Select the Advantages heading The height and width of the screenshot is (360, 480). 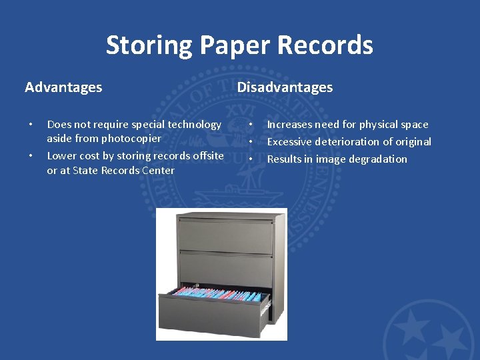pyautogui.click(x=63, y=87)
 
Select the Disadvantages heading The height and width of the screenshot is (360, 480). pyautogui.click(x=285, y=87)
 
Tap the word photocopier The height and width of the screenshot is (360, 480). pyautogui.click(x=131, y=139)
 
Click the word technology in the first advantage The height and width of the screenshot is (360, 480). pyautogui.click(x=195, y=125)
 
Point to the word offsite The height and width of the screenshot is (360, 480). pyautogui.click(x=207, y=156)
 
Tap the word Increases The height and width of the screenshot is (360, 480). pyautogui.click(x=289, y=125)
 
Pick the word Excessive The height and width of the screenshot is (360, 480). pyautogui.click(x=289, y=142)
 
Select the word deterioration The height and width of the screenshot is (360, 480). pyautogui.click(x=349, y=142)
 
